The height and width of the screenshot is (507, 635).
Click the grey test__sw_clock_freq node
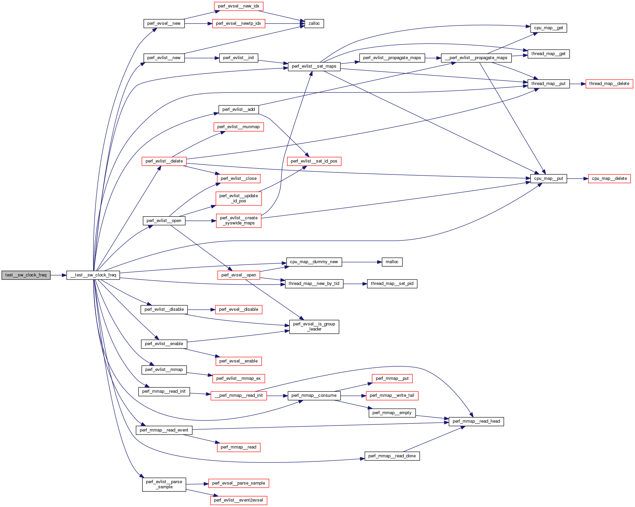click(26, 275)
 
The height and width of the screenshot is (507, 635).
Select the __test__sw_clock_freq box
click(93, 275)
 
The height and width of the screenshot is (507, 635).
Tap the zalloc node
click(314, 23)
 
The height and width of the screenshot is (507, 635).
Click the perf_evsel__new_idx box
click(238, 6)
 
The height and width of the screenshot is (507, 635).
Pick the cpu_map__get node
click(548, 28)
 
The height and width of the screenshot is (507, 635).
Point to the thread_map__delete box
click(609, 84)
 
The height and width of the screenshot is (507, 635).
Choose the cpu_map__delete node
click(609, 179)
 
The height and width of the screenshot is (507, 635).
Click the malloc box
click(392, 262)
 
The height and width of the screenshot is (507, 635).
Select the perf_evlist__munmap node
click(238, 127)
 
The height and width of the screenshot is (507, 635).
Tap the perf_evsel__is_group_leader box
click(314, 327)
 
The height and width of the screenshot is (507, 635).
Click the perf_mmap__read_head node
click(476, 421)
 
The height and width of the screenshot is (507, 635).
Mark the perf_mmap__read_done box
click(392, 456)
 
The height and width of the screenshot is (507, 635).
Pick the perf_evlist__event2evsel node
click(238, 500)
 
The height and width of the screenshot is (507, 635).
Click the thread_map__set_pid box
click(392, 284)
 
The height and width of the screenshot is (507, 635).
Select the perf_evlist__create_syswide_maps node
click(238, 221)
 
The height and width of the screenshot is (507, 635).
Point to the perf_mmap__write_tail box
click(392, 395)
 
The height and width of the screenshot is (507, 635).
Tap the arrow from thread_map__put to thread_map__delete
click(578, 84)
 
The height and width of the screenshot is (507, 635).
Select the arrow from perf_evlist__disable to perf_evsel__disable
click(201, 310)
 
